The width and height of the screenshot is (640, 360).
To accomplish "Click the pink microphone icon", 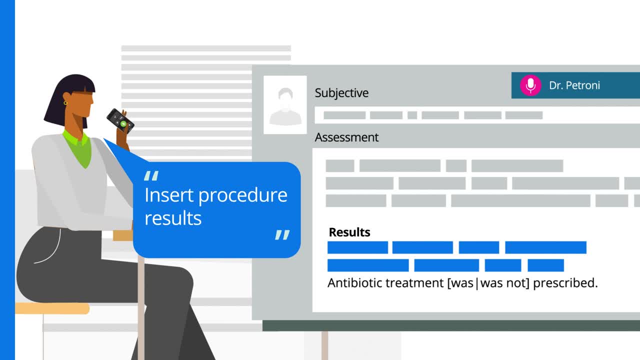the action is pos(530,85).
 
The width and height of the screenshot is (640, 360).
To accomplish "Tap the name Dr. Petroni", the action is pos(574,85).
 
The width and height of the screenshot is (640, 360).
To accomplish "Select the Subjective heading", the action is pos(341,93).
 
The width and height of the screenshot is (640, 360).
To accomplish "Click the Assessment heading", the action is pos(346,137).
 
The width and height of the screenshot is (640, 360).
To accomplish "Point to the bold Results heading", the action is pos(349,232).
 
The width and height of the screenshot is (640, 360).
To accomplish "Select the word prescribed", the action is pos(565,283).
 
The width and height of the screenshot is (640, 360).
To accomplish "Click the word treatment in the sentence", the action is pos(414,283).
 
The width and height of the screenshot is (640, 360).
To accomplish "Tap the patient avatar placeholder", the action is pos(285,105).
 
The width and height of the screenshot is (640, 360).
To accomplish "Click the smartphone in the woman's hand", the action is pos(120,121).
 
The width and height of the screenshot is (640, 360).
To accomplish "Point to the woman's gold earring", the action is pos(65,103).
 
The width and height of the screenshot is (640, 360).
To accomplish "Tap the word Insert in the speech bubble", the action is pos(169,195).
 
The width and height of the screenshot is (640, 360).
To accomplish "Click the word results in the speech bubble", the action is pos(173,218).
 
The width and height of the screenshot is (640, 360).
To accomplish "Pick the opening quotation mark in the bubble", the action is pos(151,175).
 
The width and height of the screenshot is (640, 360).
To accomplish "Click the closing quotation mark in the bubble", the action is pos(282,235).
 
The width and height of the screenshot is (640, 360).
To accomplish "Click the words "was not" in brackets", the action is pos(504,283).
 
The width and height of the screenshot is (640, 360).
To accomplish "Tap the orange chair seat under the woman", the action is pos(52,308).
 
